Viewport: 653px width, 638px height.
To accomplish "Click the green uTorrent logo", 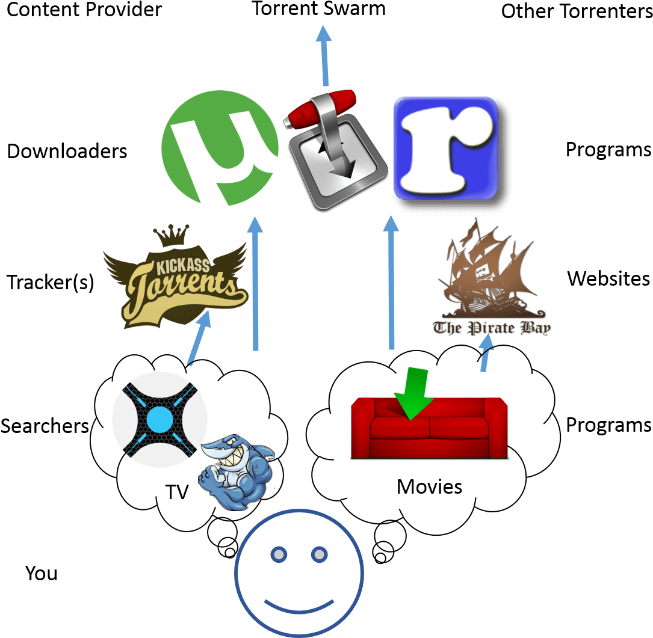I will [x=220, y=148].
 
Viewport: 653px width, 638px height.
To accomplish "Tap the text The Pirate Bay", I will [x=492, y=328].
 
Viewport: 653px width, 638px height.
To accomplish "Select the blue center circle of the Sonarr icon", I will [x=159, y=419].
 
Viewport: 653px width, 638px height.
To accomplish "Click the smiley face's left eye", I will [x=279, y=554].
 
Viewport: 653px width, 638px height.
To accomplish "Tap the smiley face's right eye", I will [x=318, y=554].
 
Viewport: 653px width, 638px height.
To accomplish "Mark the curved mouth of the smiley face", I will [x=299, y=605].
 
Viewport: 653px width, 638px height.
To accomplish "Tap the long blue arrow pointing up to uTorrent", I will [x=256, y=283].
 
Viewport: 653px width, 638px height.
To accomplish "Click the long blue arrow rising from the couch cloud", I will [x=392, y=283].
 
